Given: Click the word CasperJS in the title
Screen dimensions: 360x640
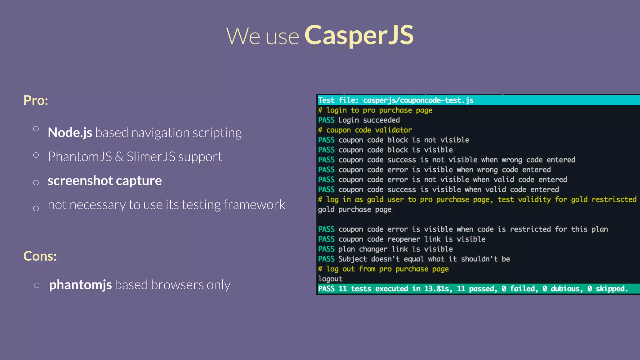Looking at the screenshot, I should point(359,35).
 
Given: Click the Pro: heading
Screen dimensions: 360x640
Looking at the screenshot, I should point(36,100).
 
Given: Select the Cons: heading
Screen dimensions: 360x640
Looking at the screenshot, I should point(40,256).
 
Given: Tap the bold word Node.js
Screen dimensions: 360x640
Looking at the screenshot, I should point(70,132).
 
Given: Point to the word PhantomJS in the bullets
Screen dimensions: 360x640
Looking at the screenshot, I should point(80,157).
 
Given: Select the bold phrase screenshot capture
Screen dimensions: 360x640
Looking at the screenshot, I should point(105,181).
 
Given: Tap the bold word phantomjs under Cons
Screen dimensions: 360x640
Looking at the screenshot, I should point(80,285).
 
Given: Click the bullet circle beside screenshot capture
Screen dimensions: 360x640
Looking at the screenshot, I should point(36,182).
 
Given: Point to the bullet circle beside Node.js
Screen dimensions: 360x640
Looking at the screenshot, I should point(36,128).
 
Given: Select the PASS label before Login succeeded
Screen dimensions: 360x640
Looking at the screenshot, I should point(326,120).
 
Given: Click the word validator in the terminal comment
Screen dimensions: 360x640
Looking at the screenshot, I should point(393,130).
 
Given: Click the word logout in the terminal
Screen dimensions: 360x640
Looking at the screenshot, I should point(330,279).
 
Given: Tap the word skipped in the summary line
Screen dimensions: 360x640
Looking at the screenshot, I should point(611,289).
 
